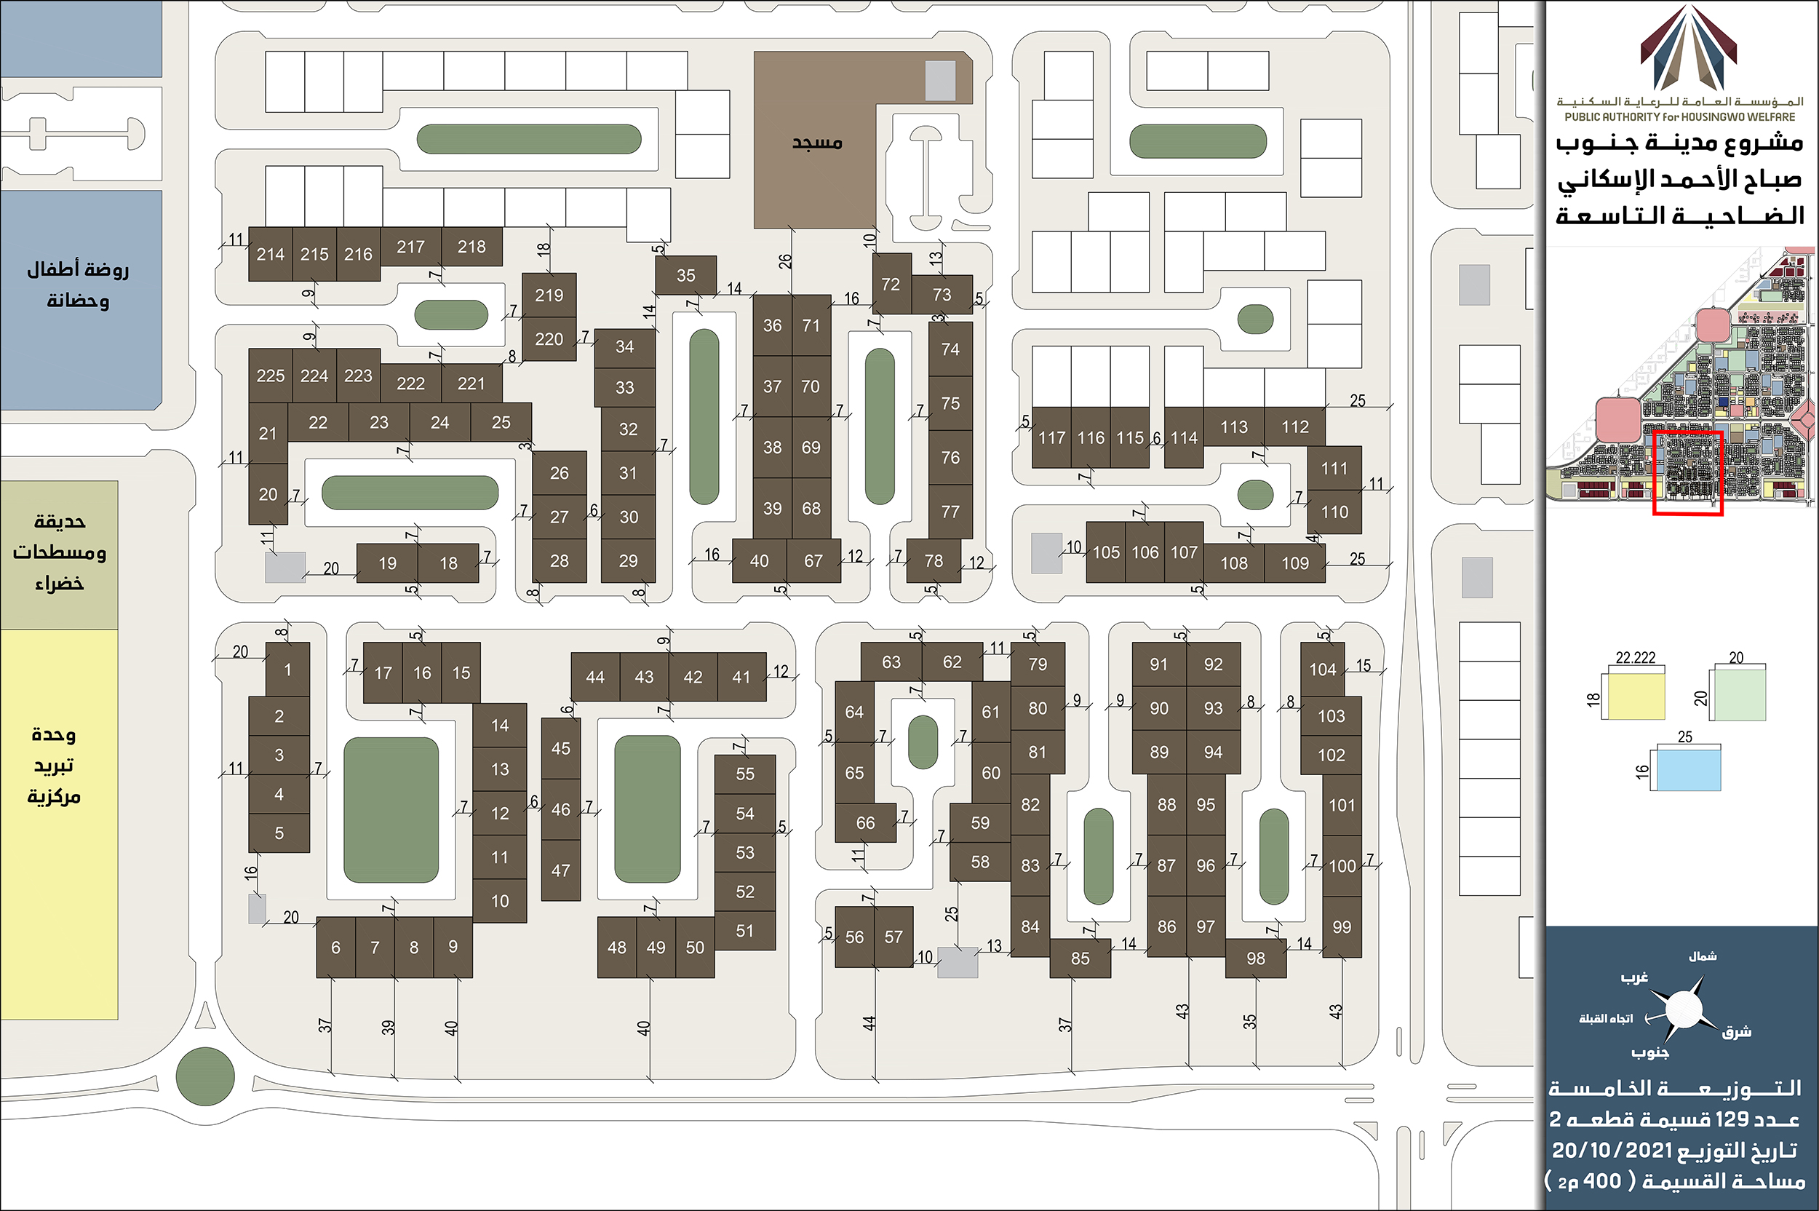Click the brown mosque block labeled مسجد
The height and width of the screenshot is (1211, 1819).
tap(816, 143)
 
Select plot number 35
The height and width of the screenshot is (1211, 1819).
tap(685, 276)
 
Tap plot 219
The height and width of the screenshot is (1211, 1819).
tap(549, 295)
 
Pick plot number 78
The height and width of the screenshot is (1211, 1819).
tap(934, 560)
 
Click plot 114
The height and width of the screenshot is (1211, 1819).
tap(1184, 438)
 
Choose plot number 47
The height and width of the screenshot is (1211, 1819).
tap(560, 870)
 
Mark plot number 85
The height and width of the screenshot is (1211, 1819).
tap(1080, 958)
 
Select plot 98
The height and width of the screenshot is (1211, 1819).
tap(1255, 958)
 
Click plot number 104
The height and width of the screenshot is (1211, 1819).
tap(1323, 670)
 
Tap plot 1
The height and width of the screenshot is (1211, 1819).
tap(287, 670)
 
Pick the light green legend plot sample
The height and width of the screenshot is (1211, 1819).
tap(1738, 694)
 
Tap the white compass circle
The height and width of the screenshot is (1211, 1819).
tap(1684, 1009)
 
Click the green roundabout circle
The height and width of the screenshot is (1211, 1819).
tap(205, 1076)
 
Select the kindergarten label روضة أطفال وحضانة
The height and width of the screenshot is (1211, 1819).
tap(78, 285)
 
